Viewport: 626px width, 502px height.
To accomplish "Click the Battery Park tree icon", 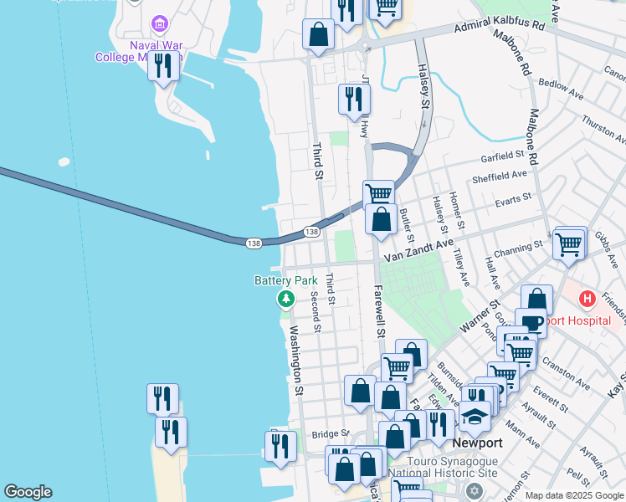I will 286,299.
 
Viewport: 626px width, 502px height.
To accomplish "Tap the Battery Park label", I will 286,281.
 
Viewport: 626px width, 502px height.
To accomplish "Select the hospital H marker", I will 588,298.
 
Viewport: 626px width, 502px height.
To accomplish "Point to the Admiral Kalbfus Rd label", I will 499,28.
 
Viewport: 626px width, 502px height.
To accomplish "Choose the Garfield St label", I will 502,156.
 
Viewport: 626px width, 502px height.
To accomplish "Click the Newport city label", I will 477,443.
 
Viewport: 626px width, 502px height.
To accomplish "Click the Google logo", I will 28,492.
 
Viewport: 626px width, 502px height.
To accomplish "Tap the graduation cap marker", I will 475,415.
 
